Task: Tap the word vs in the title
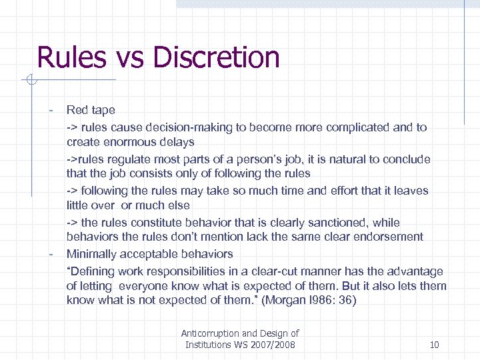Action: [x=124, y=59]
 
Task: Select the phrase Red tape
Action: [x=91, y=111]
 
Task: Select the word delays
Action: [x=178, y=142]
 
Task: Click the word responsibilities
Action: [x=190, y=271]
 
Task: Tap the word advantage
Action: [x=415, y=271]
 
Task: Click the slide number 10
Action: [x=434, y=345]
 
